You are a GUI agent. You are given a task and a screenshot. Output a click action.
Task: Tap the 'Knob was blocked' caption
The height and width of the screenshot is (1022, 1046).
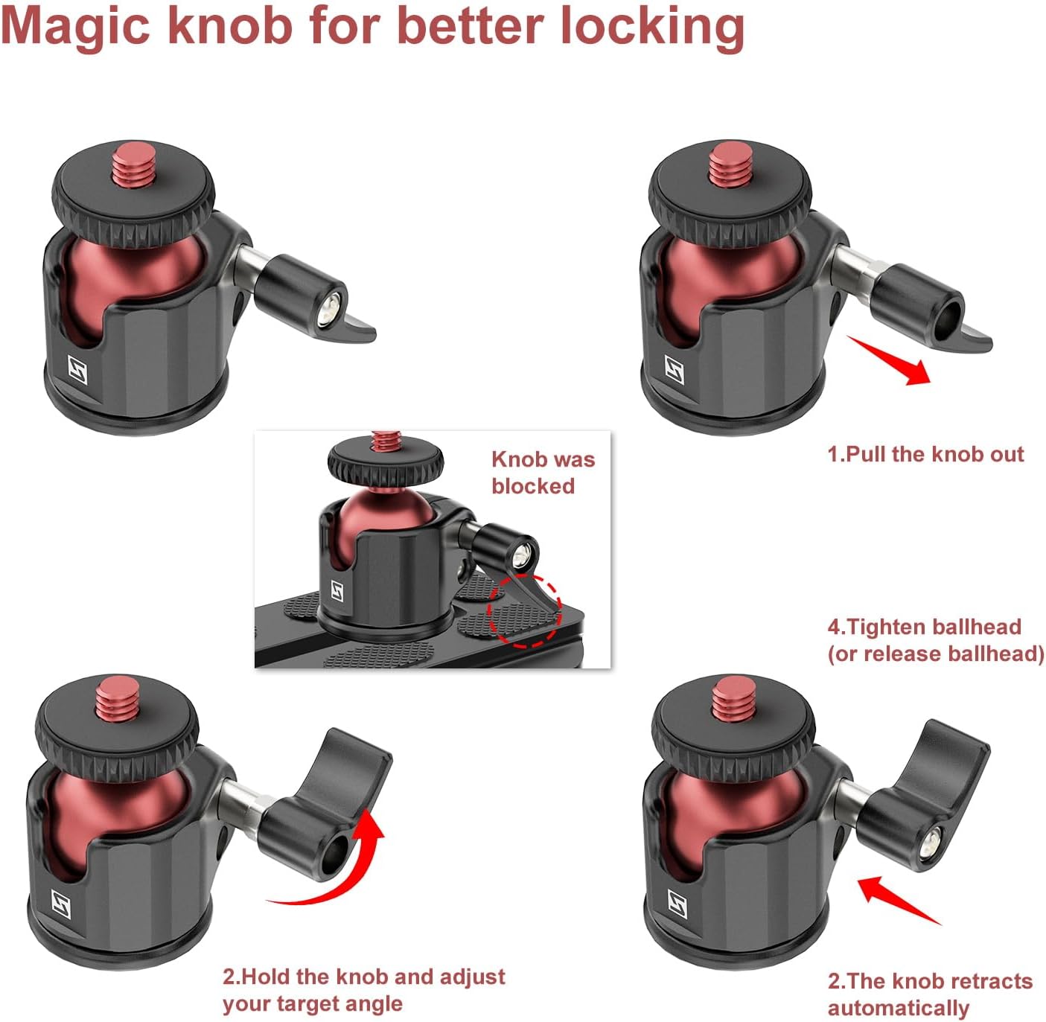tap(542, 473)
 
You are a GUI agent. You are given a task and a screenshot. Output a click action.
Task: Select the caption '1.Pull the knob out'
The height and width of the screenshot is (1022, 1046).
tap(925, 454)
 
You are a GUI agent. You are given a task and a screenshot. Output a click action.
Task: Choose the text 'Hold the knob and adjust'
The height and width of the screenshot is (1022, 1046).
tap(364, 977)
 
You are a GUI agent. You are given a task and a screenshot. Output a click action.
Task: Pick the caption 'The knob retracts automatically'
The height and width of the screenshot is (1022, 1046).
tap(929, 994)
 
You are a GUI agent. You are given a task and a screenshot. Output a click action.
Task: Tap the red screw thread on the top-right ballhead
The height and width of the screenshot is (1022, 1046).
tap(729, 167)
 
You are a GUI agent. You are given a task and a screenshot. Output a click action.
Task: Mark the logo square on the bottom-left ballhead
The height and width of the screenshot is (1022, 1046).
tap(62, 902)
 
